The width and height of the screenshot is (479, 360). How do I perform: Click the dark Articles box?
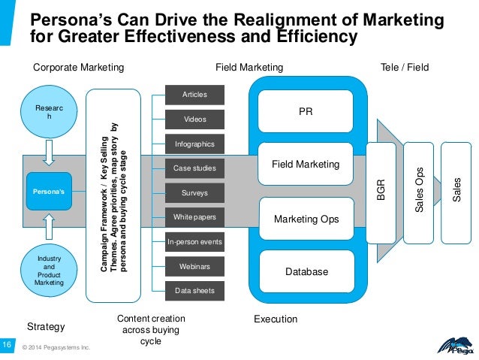click(x=194, y=95)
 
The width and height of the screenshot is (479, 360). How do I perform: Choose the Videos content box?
click(x=194, y=119)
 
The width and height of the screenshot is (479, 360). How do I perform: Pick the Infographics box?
click(x=194, y=144)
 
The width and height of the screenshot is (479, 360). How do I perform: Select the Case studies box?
click(x=194, y=168)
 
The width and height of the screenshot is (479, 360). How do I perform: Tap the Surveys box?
click(x=194, y=193)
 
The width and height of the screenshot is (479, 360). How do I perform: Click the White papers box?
click(x=194, y=218)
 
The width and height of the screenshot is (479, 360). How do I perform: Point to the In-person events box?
click(x=194, y=243)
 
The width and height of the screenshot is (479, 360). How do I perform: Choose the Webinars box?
click(x=194, y=267)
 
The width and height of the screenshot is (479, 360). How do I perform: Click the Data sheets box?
click(x=194, y=291)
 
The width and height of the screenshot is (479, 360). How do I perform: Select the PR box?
click(x=305, y=111)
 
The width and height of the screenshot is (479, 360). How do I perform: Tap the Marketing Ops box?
click(x=305, y=219)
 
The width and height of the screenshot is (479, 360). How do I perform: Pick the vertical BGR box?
click(x=381, y=192)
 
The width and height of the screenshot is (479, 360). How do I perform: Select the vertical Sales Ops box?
click(x=420, y=192)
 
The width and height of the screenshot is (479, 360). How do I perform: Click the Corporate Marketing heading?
click(x=79, y=68)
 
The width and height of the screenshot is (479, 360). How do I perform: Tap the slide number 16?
click(x=7, y=343)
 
